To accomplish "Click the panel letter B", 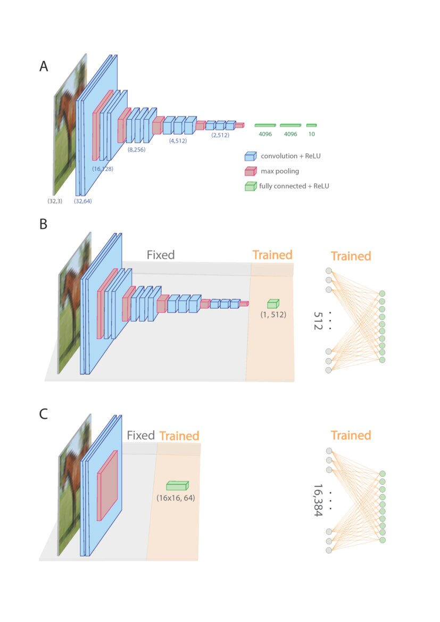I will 44,225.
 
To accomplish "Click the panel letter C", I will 44,413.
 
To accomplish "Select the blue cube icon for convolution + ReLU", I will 250,156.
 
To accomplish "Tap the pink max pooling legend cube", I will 250,171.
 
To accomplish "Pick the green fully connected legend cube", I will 250,186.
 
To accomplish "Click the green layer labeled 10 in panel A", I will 311,126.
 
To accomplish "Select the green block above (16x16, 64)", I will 177,485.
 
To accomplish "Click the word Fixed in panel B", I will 161,255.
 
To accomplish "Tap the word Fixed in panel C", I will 140,435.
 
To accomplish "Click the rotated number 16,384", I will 318,501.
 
